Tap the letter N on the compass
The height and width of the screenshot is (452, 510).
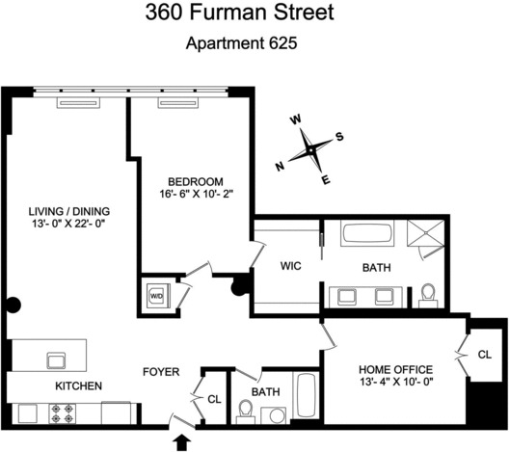tap(281, 166)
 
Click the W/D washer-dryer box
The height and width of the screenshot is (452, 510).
tap(155, 296)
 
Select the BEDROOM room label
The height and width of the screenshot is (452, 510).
tap(196, 181)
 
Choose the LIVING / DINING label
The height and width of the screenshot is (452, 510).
tap(68, 212)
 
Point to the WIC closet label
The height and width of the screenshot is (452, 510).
tap(292, 267)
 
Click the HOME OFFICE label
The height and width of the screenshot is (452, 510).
tap(395, 369)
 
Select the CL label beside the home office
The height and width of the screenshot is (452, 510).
tap(485, 356)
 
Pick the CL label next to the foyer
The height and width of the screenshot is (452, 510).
tap(213, 396)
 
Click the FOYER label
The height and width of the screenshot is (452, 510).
tap(160, 370)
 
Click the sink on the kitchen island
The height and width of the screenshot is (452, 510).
tap(56, 360)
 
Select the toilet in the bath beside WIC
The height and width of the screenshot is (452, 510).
tap(427, 294)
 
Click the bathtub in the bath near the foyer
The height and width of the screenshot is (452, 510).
tap(305, 398)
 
